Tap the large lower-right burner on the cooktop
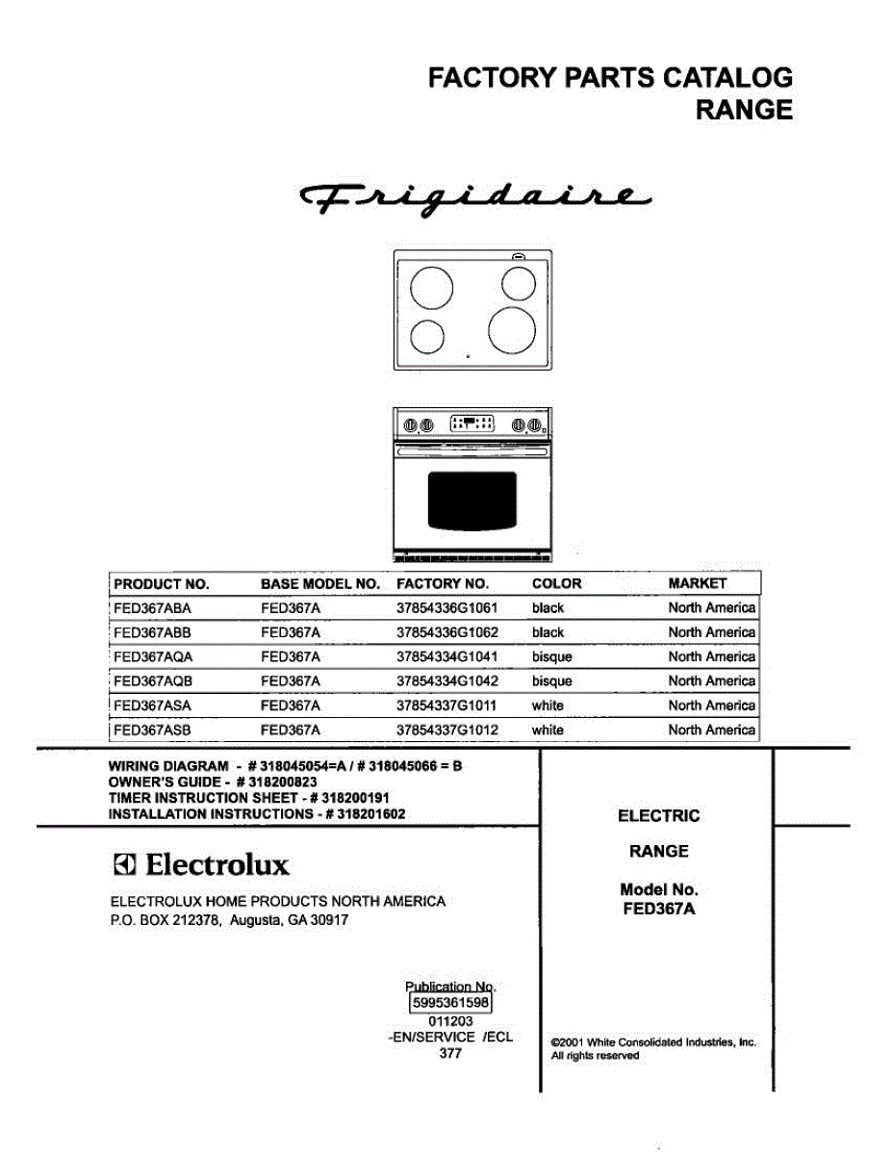point(511,329)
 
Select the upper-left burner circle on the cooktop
point(431,287)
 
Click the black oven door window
point(472,500)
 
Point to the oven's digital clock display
point(472,423)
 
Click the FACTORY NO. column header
point(443,584)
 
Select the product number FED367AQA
point(153,657)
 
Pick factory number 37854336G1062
point(447,632)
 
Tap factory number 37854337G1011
point(447,706)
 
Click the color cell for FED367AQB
point(551,681)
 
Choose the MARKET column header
point(698,584)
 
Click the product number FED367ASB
point(153,731)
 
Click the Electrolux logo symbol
point(124,864)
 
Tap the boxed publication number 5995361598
point(450,1003)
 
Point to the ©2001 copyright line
point(653,1042)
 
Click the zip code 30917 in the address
point(329,921)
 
